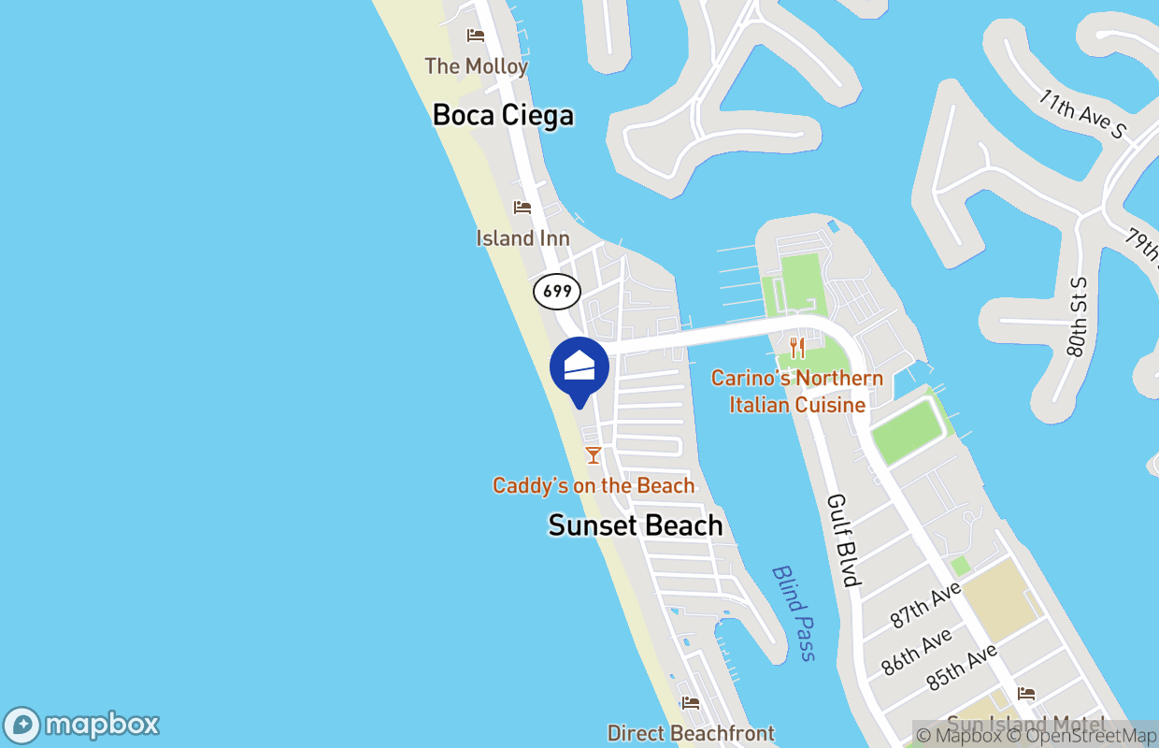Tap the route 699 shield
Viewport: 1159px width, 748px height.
[557, 292]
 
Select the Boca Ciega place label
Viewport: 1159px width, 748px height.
[503, 116]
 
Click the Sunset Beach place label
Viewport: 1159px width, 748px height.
[636, 525]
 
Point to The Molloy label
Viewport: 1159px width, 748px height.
[477, 66]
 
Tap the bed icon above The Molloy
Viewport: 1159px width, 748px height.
[476, 36]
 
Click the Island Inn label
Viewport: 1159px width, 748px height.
[522, 238]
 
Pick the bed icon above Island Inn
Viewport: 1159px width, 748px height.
[522, 208]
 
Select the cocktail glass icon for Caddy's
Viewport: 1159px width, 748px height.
[593, 455]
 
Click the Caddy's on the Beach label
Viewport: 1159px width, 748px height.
[594, 486]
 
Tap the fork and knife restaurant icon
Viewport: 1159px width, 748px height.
[797, 349]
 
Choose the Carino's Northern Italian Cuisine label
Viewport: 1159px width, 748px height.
[797, 392]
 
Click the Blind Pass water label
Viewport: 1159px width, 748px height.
[794, 613]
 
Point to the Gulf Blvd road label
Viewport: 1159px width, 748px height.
[843, 540]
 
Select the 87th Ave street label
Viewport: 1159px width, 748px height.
[925, 605]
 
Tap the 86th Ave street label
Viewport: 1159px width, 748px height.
[917, 652]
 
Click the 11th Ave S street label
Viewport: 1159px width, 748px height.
[1083, 115]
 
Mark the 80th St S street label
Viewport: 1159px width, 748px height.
[1078, 317]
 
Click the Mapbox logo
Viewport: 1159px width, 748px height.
[82, 726]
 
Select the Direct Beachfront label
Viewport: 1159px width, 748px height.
[691, 734]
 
